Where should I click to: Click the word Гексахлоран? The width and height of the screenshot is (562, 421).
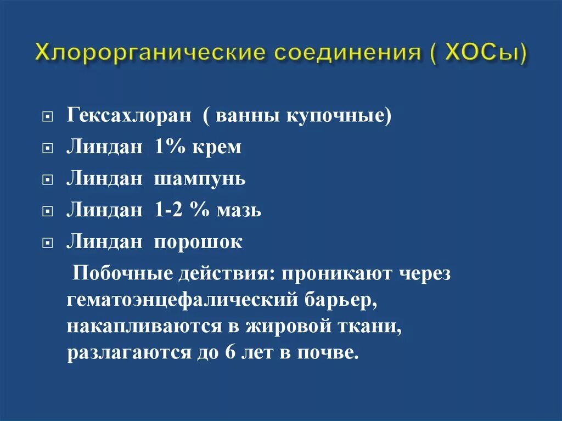[130, 117]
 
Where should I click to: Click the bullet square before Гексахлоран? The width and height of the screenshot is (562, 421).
[48, 118]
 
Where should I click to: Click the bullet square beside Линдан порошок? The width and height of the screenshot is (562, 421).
[48, 243]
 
